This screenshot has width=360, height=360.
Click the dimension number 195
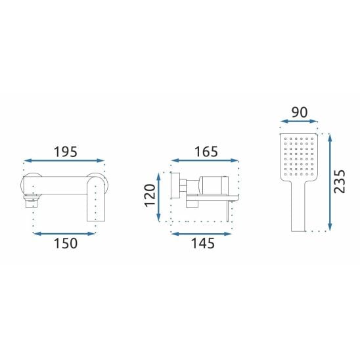[x=66, y=152]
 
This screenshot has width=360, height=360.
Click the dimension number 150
[x=66, y=243]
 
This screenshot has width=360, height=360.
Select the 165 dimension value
[x=206, y=152]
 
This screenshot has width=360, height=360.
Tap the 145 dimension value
[x=203, y=243]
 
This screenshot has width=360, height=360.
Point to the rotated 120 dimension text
[x=150, y=195]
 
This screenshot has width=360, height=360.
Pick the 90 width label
[x=300, y=112]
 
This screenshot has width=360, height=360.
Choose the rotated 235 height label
[x=340, y=181]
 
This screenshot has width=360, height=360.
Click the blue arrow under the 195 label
[x=64, y=161]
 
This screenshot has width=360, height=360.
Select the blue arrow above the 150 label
[x=64, y=234]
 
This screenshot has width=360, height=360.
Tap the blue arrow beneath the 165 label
[x=205, y=160]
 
